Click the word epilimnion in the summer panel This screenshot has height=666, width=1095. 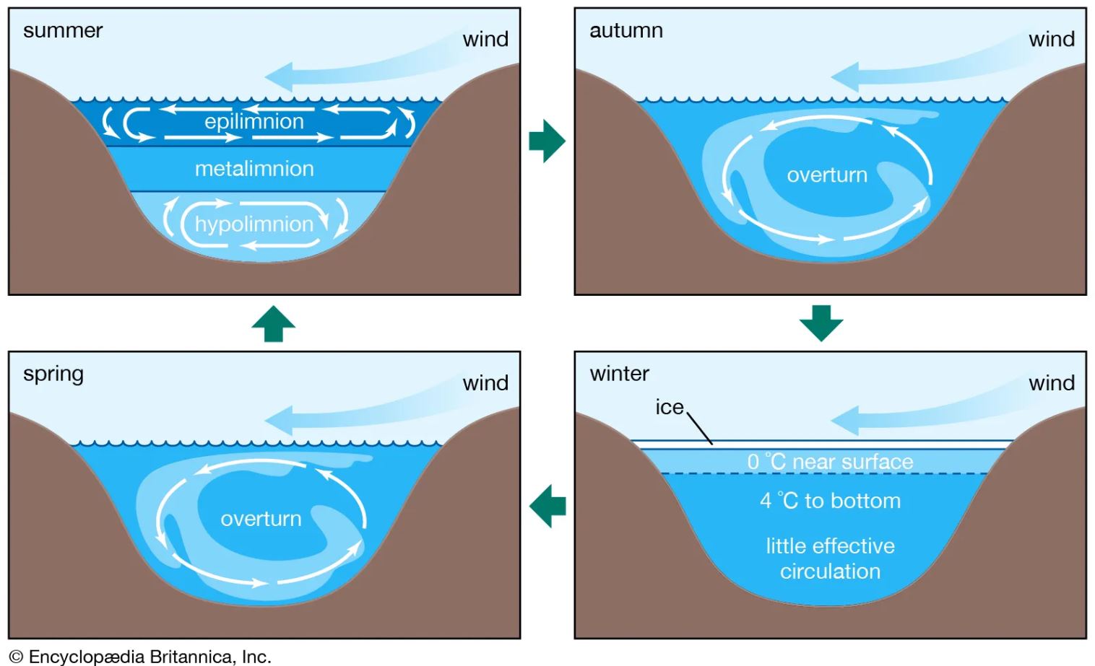point(254,122)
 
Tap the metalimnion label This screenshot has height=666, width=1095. point(254,169)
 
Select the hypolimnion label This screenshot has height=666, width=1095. point(254,224)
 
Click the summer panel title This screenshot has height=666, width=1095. point(63,31)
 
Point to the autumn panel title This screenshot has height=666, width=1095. point(626,31)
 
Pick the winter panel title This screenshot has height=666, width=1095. point(619,374)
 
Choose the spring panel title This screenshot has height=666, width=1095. point(53,374)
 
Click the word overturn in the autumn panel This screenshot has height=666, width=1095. point(827,175)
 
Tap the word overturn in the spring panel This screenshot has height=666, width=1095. point(261,519)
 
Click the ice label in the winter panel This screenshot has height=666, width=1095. point(669,408)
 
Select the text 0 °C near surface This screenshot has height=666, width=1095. point(830,462)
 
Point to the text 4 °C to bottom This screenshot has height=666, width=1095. point(830,501)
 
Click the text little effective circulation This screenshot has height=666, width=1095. point(830,558)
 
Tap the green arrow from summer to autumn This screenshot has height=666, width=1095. point(547,141)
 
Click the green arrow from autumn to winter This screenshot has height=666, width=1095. point(821,323)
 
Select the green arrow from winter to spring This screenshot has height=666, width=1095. point(547,506)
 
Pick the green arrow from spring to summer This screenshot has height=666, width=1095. point(273,323)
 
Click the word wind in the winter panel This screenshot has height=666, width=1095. point(1051,383)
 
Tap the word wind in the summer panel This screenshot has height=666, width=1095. point(485,40)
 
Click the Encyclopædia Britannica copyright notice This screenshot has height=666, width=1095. point(140,657)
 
